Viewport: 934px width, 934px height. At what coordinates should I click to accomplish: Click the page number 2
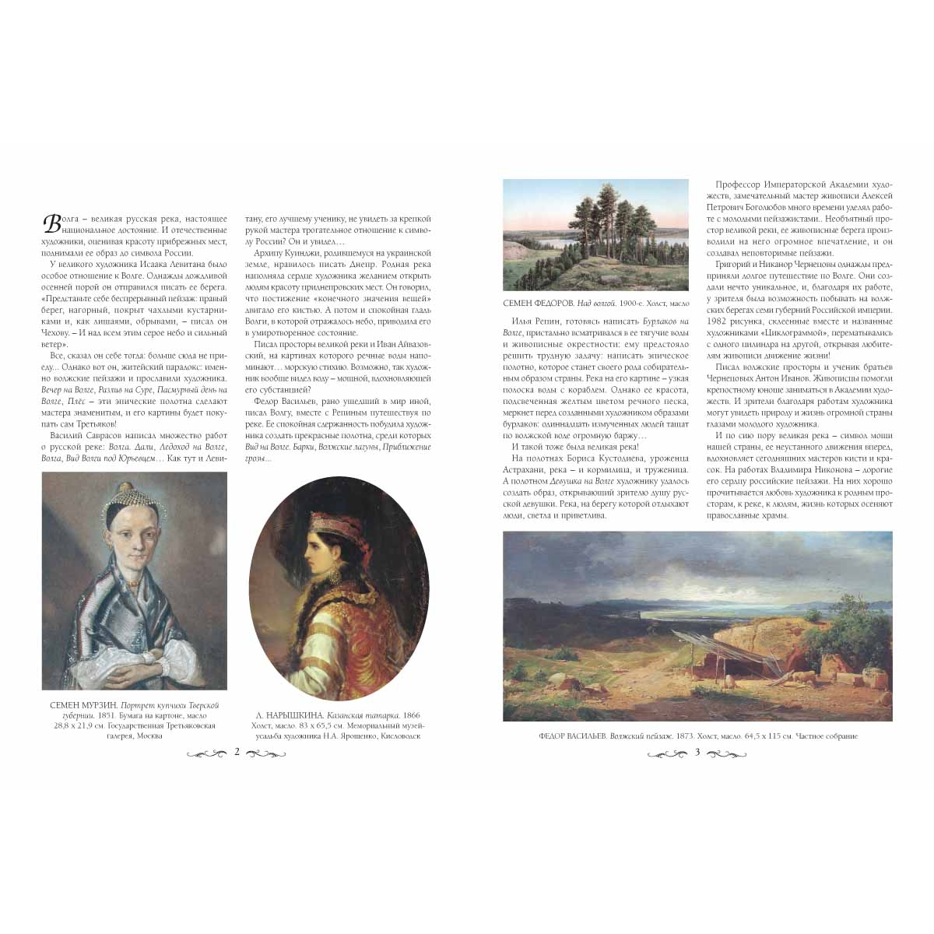click(236, 752)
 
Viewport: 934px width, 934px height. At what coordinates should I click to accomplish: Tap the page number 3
click(697, 752)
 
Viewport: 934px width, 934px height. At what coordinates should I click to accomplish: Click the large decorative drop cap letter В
click(52, 224)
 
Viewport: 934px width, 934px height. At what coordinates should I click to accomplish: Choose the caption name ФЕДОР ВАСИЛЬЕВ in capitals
click(572, 736)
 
